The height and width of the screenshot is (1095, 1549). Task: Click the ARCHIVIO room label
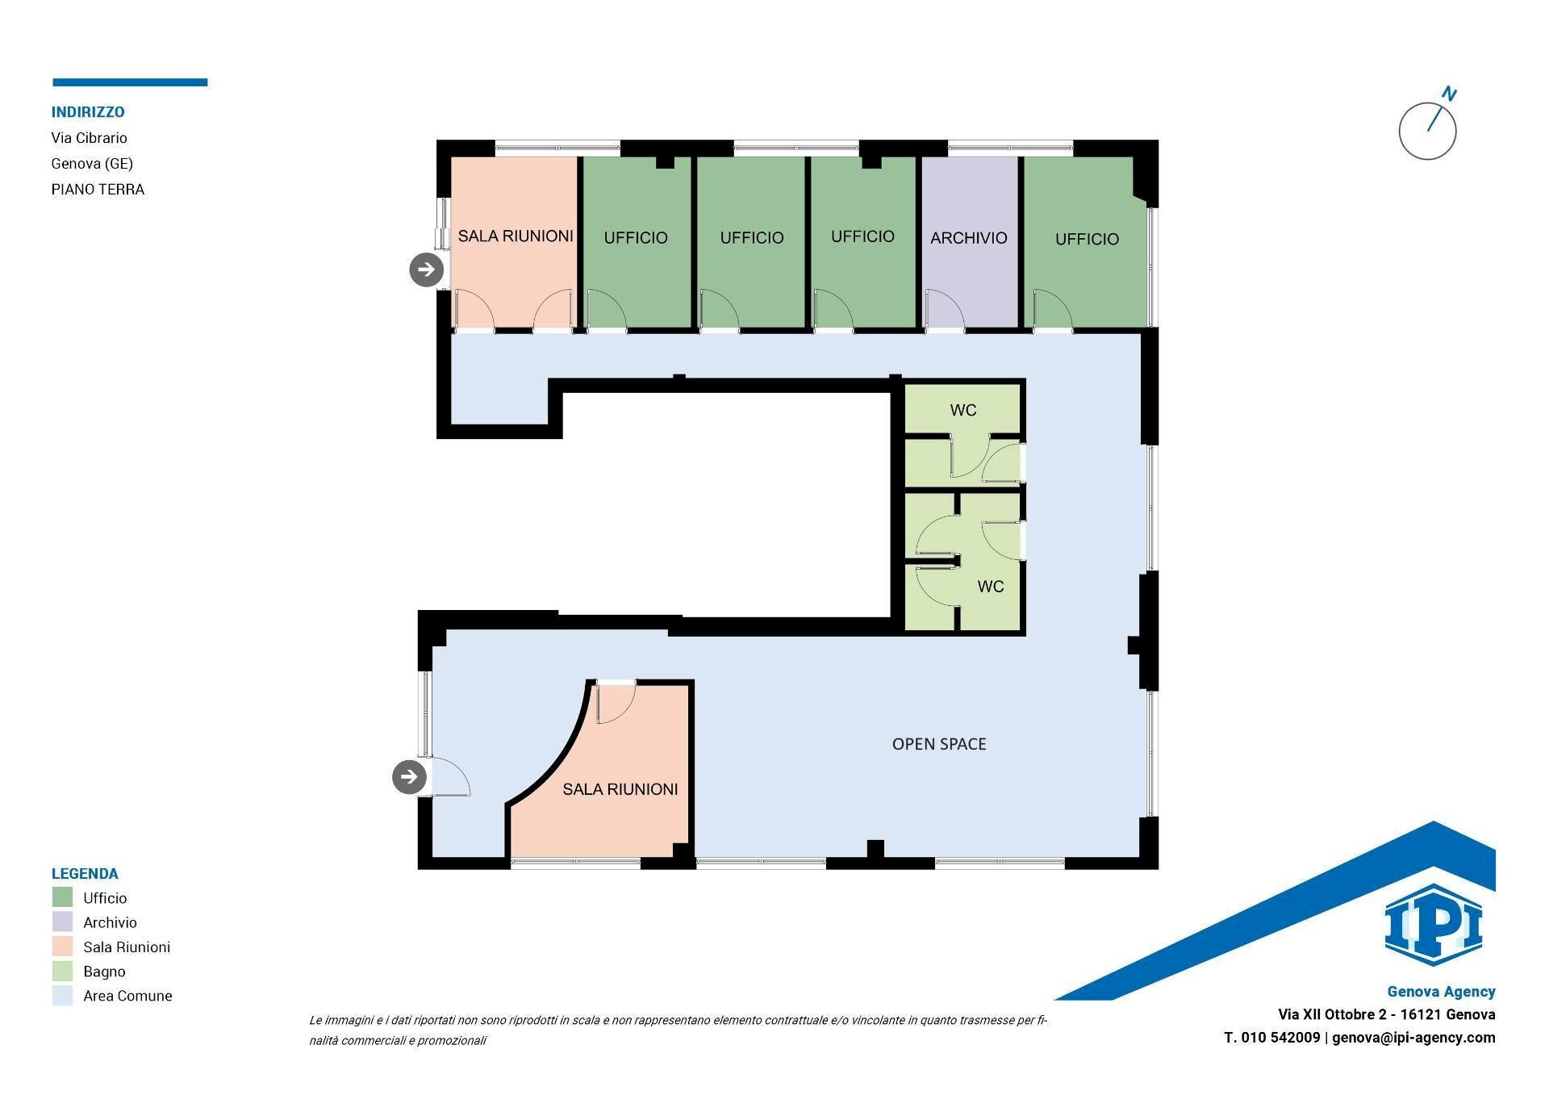pos(968,238)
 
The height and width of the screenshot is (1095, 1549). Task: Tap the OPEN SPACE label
pos(939,744)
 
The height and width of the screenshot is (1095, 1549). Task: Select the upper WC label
pos(963,410)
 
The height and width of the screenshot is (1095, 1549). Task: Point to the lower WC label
pos(990,587)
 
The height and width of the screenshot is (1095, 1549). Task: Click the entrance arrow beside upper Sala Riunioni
pos(427,270)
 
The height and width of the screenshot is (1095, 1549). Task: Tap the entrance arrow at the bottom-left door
pos(409,777)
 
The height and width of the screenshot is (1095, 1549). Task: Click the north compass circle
pos(1427,131)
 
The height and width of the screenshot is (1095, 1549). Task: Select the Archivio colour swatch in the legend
pos(62,922)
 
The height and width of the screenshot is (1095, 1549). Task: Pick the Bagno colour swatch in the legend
pos(62,971)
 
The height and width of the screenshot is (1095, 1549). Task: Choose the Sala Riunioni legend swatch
pos(62,947)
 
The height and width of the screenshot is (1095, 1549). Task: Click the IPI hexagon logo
pos(1433,926)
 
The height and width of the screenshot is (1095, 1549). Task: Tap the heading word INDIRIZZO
pos(88,112)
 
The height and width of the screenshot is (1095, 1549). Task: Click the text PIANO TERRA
pos(98,190)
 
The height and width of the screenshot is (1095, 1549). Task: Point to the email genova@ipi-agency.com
pos(1413,1038)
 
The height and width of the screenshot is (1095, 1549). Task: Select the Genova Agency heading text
pos(1441,992)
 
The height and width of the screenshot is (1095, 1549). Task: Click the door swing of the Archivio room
pos(944,309)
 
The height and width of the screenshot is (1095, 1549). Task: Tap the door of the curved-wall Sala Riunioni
pos(615,702)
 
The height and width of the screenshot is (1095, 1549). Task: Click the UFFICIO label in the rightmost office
pos(1087,239)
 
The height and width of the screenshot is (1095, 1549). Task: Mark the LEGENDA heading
pos(85,873)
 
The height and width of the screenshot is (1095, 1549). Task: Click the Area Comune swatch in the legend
pos(62,995)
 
